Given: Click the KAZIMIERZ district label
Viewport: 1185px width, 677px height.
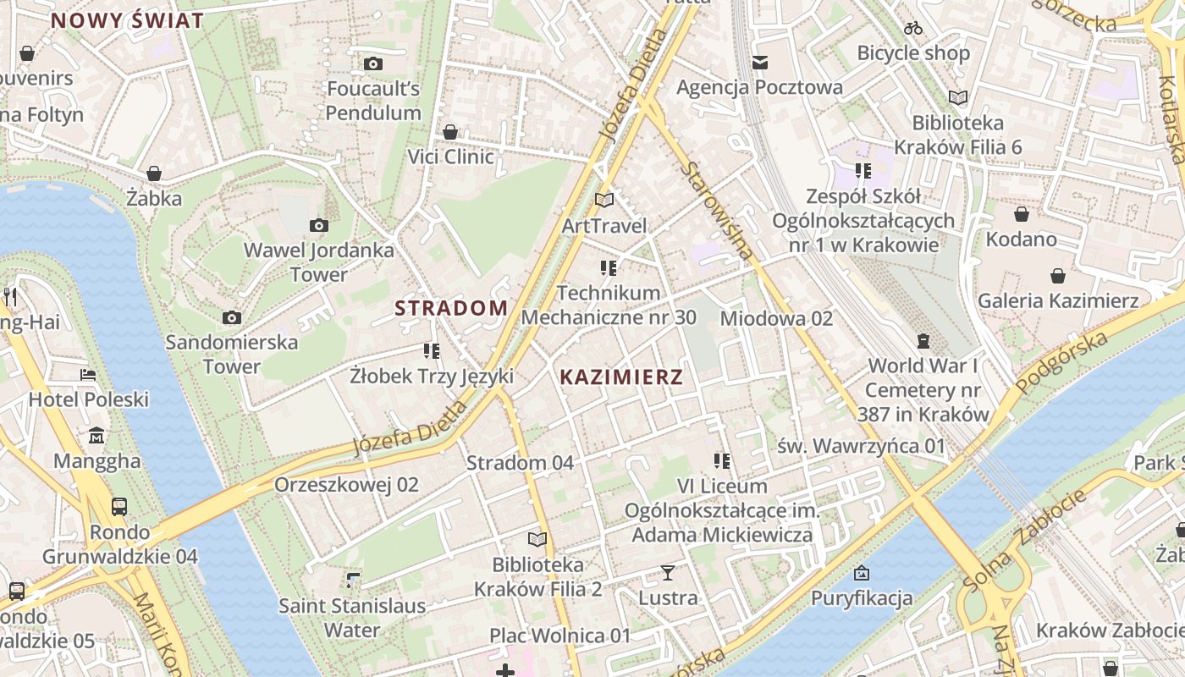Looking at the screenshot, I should pyautogui.click(x=620, y=377).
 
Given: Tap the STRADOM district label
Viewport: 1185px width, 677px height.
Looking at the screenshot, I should pyautogui.click(x=451, y=308).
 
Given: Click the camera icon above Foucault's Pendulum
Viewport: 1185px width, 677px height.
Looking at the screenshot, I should pyautogui.click(x=372, y=63).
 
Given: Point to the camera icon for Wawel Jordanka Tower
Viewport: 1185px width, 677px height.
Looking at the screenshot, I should pyautogui.click(x=318, y=225).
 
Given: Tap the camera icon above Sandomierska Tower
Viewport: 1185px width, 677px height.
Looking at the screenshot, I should pyautogui.click(x=231, y=317).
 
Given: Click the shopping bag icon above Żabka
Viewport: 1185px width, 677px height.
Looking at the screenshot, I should pyautogui.click(x=154, y=173).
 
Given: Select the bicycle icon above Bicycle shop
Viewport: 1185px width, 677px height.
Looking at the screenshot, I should pyautogui.click(x=912, y=28).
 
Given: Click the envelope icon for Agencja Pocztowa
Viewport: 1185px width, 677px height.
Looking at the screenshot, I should pyautogui.click(x=759, y=62).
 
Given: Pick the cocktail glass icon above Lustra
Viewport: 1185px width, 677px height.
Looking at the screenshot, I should pyautogui.click(x=668, y=573).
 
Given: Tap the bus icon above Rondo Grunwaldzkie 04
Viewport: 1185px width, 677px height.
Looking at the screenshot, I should pyautogui.click(x=119, y=507).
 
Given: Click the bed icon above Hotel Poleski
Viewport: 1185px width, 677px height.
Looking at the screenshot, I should pyautogui.click(x=88, y=374).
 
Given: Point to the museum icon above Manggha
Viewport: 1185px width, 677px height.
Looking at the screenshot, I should pyautogui.click(x=96, y=436).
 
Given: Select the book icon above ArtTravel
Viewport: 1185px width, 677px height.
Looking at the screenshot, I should pyautogui.click(x=604, y=201).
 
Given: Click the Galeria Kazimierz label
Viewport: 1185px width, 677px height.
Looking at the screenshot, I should pyautogui.click(x=1058, y=300).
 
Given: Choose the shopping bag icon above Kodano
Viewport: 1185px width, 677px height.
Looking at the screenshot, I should pyautogui.click(x=1021, y=213).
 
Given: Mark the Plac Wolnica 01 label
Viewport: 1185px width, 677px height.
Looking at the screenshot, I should pyautogui.click(x=560, y=636).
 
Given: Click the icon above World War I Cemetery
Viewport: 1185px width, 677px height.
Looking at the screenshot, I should pyautogui.click(x=923, y=341).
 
